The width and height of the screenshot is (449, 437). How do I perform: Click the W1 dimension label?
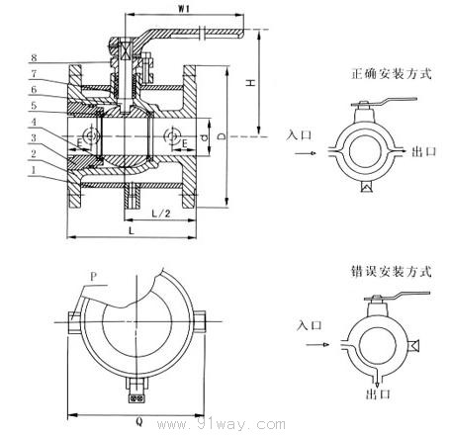(184, 9)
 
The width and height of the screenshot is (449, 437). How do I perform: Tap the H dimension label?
(251, 82)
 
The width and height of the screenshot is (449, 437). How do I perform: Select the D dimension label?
(222, 135)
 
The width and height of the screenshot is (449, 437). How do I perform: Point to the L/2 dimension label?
(161, 214)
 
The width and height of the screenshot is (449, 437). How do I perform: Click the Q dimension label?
(139, 422)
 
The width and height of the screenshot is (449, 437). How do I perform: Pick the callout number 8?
(34, 58)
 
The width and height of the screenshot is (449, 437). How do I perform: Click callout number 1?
(34, 170)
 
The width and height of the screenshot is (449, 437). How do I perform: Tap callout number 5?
(34, 106)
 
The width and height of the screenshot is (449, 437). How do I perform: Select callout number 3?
(34, 138)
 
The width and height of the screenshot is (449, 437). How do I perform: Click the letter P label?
(94, 277)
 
